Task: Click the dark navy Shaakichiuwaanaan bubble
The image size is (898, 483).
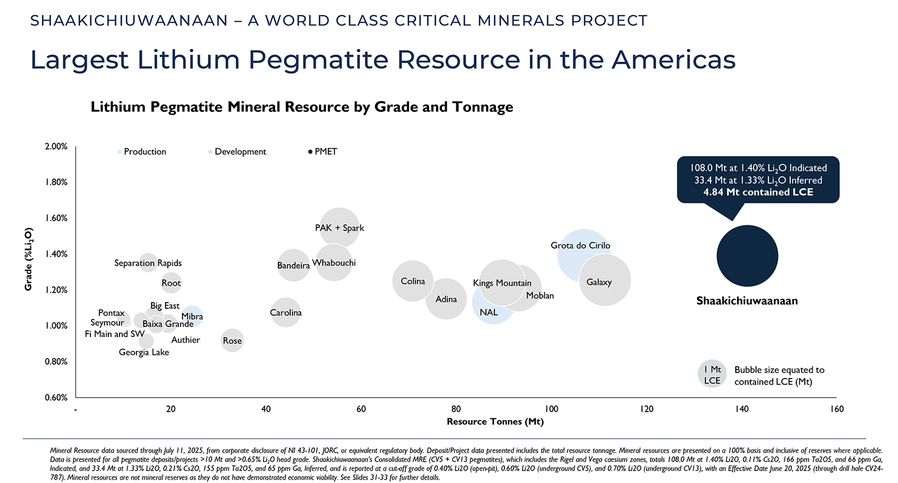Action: [747, 256]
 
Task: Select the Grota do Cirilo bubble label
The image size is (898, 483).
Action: [580, 245]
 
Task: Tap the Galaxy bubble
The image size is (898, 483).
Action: [605, 281]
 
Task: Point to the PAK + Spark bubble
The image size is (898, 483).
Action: [340, 227]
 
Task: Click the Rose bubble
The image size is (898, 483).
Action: [232, 340]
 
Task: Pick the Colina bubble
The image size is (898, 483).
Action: [413, 281]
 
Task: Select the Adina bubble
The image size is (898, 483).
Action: [446, 299]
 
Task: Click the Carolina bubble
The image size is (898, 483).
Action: [286, 313]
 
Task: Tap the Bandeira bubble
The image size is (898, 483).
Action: [294, 265]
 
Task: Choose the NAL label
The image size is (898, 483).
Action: [489, 312]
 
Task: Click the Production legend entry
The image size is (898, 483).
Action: [144, 152]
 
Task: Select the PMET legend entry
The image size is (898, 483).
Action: [325, 152]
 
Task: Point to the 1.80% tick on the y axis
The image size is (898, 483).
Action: [56, 182]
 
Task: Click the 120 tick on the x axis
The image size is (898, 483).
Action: [647, 409]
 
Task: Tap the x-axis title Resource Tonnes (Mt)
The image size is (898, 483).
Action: [495, 422]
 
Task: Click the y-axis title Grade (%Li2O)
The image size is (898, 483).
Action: [29, 259]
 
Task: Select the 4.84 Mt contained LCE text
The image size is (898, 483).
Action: [758, 192]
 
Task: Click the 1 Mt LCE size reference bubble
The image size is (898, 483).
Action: [712, 375]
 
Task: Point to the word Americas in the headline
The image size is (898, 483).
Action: [673, 60]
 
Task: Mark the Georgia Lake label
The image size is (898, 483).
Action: [144, 352]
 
